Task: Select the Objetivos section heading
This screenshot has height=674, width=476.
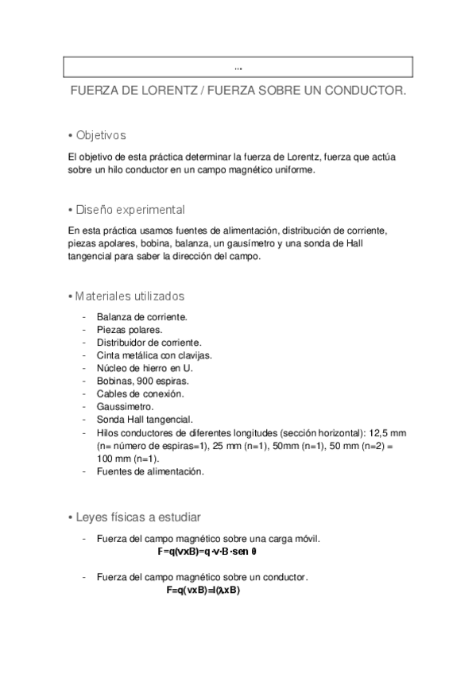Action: [101, 135]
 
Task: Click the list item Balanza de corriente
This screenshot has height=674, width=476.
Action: [141, 317]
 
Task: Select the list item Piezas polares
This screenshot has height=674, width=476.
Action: [130, 330]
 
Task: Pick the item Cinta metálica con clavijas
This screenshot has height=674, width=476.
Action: [154, 355]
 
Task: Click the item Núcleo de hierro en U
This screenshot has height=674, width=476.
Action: [145, 368]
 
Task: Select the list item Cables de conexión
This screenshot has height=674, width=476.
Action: [140, 394]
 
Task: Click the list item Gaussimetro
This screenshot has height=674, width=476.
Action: [125, 407]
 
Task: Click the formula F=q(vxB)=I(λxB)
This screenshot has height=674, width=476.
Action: [203, 591]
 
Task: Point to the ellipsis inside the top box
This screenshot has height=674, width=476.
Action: [239, 67]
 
